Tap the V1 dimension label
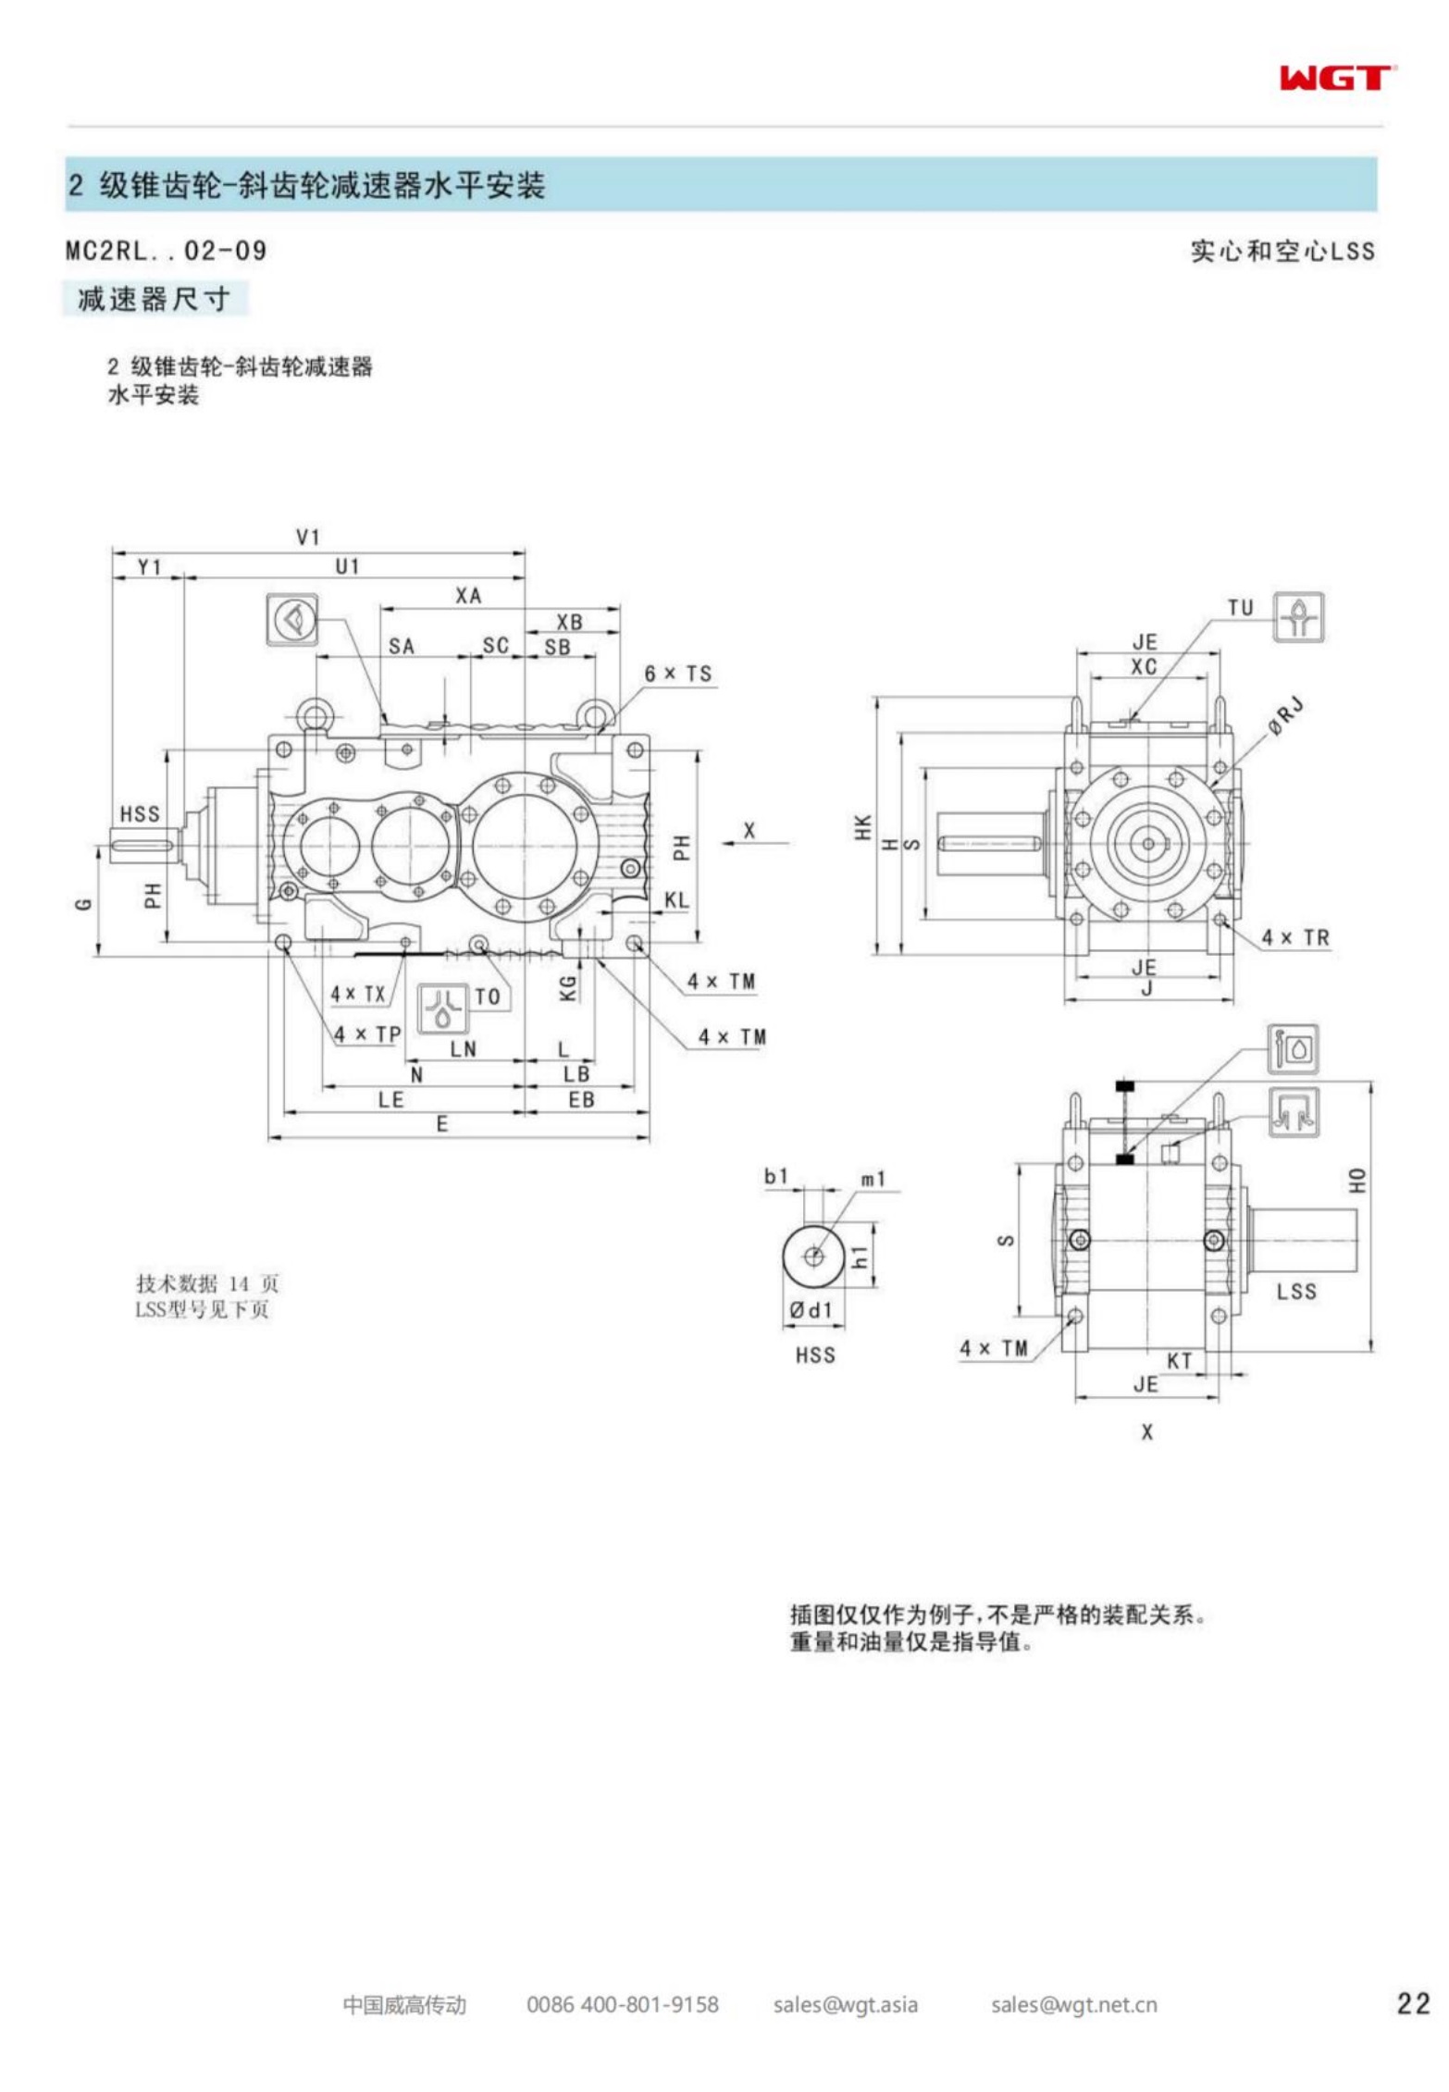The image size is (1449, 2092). [308, 537]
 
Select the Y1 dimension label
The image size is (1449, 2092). [149, 566]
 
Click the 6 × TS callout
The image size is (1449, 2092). [678, 675]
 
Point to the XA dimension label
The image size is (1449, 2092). [468, 596]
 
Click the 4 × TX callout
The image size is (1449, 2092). [358, 994]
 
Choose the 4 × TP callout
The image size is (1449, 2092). [366, 1034]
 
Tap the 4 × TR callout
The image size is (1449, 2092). [1295, 937]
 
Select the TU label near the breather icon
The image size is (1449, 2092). [1240, 608]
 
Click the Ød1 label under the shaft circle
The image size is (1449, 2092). [811, 1310]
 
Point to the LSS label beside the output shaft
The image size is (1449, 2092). [1295, 1292]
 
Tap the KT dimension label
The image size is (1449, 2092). [1179, 1361]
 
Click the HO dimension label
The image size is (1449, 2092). [1356, 1181]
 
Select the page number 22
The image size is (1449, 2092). [1413, 2004]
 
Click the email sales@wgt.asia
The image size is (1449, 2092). [846, 2005]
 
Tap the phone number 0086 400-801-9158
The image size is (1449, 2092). [622, 2005]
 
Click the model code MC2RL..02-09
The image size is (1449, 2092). [167, 251]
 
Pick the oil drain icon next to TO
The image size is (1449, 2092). [444, 1008]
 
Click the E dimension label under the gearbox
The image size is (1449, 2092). [442, 1124]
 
